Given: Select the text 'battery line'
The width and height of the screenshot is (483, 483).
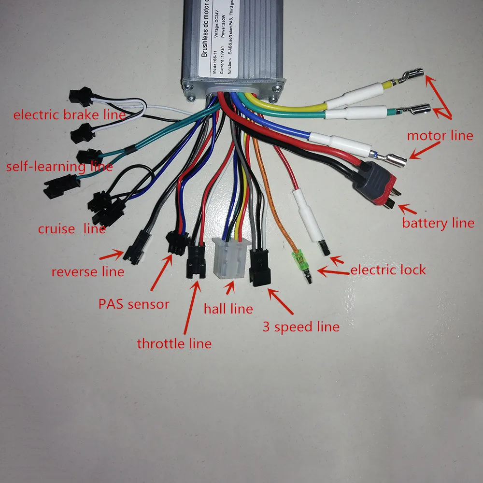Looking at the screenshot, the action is pos(438,223).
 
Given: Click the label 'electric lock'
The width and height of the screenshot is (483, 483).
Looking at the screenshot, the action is pos(388,270).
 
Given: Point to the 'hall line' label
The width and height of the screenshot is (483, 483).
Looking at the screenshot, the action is pos(228,308).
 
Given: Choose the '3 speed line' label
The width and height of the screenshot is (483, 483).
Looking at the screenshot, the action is pos(300,327).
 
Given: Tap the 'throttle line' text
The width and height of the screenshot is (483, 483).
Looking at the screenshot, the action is pos(174,344).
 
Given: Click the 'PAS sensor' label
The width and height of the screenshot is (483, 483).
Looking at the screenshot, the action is pos(134,304).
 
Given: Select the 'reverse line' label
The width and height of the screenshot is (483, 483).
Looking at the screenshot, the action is pos(88,272).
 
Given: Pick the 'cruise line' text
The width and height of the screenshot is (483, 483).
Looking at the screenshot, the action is pos(72,229).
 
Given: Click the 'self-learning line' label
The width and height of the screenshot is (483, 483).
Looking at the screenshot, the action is pos(59,167).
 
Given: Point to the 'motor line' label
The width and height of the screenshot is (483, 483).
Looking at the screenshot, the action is pos(440,136).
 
